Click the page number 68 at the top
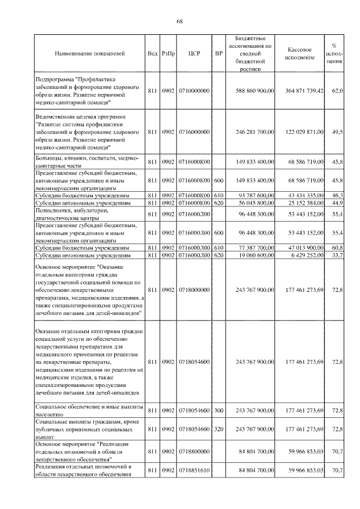(179, 21)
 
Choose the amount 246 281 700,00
(255, 132)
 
